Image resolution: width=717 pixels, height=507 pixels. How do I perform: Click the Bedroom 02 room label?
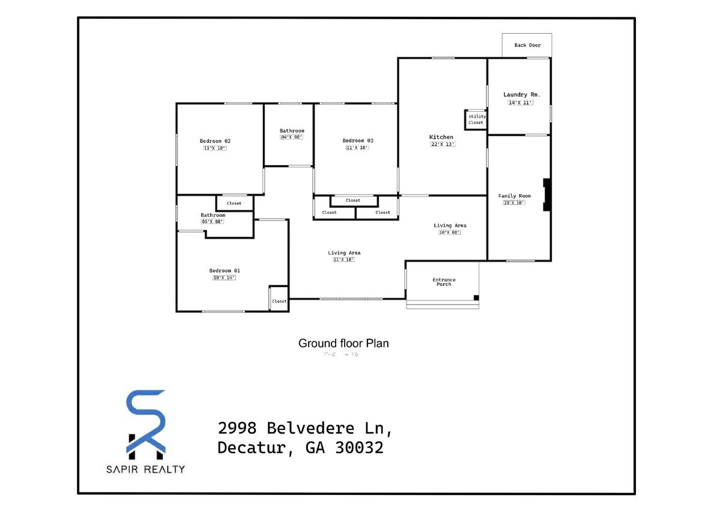(215, 141)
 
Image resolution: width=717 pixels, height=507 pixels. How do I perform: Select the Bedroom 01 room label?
(224, 270)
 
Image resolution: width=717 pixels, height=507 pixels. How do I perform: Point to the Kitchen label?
(441, 137)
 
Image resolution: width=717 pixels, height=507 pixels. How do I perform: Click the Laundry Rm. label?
(521, 94)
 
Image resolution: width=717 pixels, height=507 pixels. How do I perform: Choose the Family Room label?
(515, 196)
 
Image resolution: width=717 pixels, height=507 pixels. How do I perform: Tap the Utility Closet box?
(476, 120)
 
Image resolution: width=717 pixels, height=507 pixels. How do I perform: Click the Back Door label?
(527, 45)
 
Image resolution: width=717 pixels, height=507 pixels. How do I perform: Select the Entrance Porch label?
(444, 282)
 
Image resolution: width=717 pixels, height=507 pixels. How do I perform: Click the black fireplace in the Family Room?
(547, 195)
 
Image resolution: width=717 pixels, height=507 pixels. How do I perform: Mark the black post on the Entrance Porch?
(476, 297)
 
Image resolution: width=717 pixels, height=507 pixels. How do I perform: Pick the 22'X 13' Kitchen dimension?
(443, 144)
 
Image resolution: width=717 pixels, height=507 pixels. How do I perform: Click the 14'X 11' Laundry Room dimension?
(521, 103)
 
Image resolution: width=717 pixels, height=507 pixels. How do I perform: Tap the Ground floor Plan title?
(343, 344)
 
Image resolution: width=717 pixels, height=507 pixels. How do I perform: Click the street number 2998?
(237, 428)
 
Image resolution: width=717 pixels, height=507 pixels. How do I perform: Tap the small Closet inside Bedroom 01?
(279, 301)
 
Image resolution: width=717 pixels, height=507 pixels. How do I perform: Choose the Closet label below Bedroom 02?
(234, 203)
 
